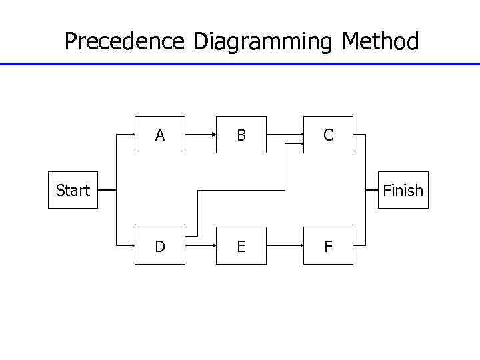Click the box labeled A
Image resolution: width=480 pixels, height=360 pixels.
click(x=160, y=135)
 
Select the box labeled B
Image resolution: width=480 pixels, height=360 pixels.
click(x=241, y=135)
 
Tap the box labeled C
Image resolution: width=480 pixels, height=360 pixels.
click(x=328, y=135)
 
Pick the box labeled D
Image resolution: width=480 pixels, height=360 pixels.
click(x=160, y=246)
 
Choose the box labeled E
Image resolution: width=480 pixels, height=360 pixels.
click(x=241, y=246)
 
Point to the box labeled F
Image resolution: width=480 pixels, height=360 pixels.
click(x=328, y=246)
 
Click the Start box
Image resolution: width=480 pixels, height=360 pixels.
click(x=73, y=191)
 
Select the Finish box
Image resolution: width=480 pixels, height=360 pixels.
click(x=403, y=191)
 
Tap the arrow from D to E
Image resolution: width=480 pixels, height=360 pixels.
click(x=200, y=246)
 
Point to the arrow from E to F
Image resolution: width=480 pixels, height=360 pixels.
click(x=285, y=246)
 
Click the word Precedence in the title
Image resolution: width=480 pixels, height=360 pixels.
click(x=124, y=42)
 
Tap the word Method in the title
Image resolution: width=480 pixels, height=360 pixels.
click(x=380, y=42)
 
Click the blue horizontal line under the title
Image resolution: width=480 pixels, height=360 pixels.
click(x=240, y=64)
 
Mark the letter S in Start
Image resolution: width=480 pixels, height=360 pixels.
click(x=60, y=191)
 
